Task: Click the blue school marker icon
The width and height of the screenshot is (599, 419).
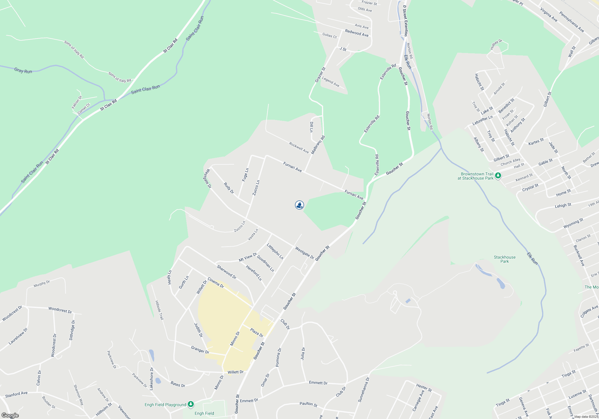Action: click(x=299, y=205)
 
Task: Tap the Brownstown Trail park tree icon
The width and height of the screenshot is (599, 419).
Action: click(x=498, y=176)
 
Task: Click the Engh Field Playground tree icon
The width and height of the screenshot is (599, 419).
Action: click(x=191, y=404)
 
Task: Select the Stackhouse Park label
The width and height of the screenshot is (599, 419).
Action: click(x=505, y=259)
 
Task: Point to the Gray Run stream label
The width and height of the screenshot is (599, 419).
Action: click(x=23, y=71)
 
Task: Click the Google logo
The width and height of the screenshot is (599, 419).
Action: click(x=10, y=415)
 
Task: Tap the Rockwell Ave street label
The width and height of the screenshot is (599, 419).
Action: click(x=299, y=148)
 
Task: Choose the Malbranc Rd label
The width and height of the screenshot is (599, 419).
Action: click(x=318, y=145)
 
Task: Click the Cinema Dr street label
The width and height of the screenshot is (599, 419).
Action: click(x=216, y=283)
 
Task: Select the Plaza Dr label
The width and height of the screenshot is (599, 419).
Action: click(x=257, y=333)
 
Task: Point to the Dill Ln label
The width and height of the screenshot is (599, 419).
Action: click(x=311, y=127)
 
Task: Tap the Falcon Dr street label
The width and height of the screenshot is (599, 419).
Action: click(x=76, y=102)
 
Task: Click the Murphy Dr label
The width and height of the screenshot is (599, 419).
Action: click(x=42, y=284)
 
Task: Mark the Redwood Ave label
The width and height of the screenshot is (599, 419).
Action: click(x=357, y=33)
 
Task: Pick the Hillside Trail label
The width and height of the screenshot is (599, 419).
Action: click(x=159, y=310)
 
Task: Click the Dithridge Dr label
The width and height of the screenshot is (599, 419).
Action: click(x=72, y=330)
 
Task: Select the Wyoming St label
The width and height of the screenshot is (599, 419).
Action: click(x=573, y=223)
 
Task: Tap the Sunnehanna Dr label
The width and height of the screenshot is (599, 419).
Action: click(x=364, y=389)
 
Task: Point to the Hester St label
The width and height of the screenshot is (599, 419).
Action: click(x=424, y=388)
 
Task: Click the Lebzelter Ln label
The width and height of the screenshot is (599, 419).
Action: click(x=482, y=120)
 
